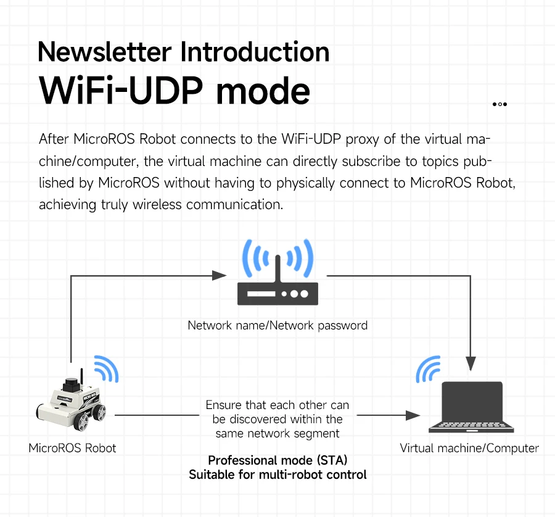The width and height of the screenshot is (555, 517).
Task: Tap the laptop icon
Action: (471, 407)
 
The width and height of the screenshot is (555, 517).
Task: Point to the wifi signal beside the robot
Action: (106, 368)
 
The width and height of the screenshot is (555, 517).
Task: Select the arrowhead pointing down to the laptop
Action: (472, 363)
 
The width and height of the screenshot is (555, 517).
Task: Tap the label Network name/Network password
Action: (277, 325)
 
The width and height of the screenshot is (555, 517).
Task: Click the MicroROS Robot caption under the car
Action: (72, 448)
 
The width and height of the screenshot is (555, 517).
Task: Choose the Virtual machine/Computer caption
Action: (469, 448)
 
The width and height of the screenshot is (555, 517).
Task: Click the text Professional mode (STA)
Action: (277, 460)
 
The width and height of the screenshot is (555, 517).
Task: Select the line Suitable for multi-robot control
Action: (277, 474)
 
